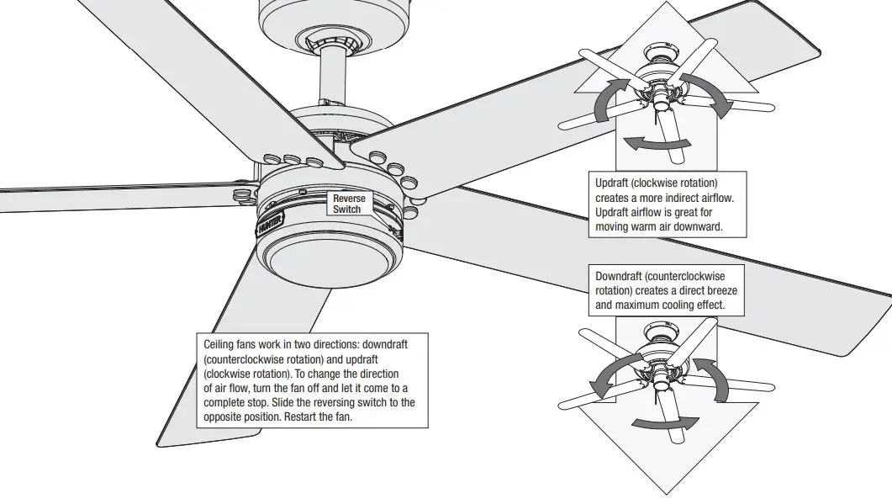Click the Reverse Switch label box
(347, 203)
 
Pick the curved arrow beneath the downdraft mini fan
(664, 423)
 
